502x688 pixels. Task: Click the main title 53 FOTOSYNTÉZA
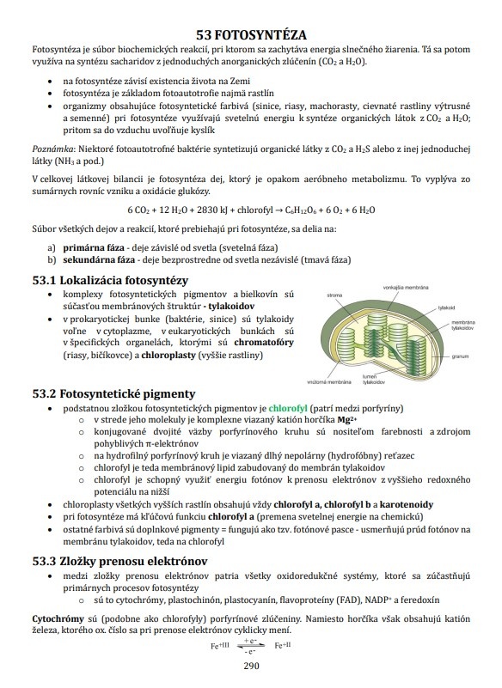pos(250,35)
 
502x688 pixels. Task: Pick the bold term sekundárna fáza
pos(100,259)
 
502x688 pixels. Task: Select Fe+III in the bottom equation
pos(222,645)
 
